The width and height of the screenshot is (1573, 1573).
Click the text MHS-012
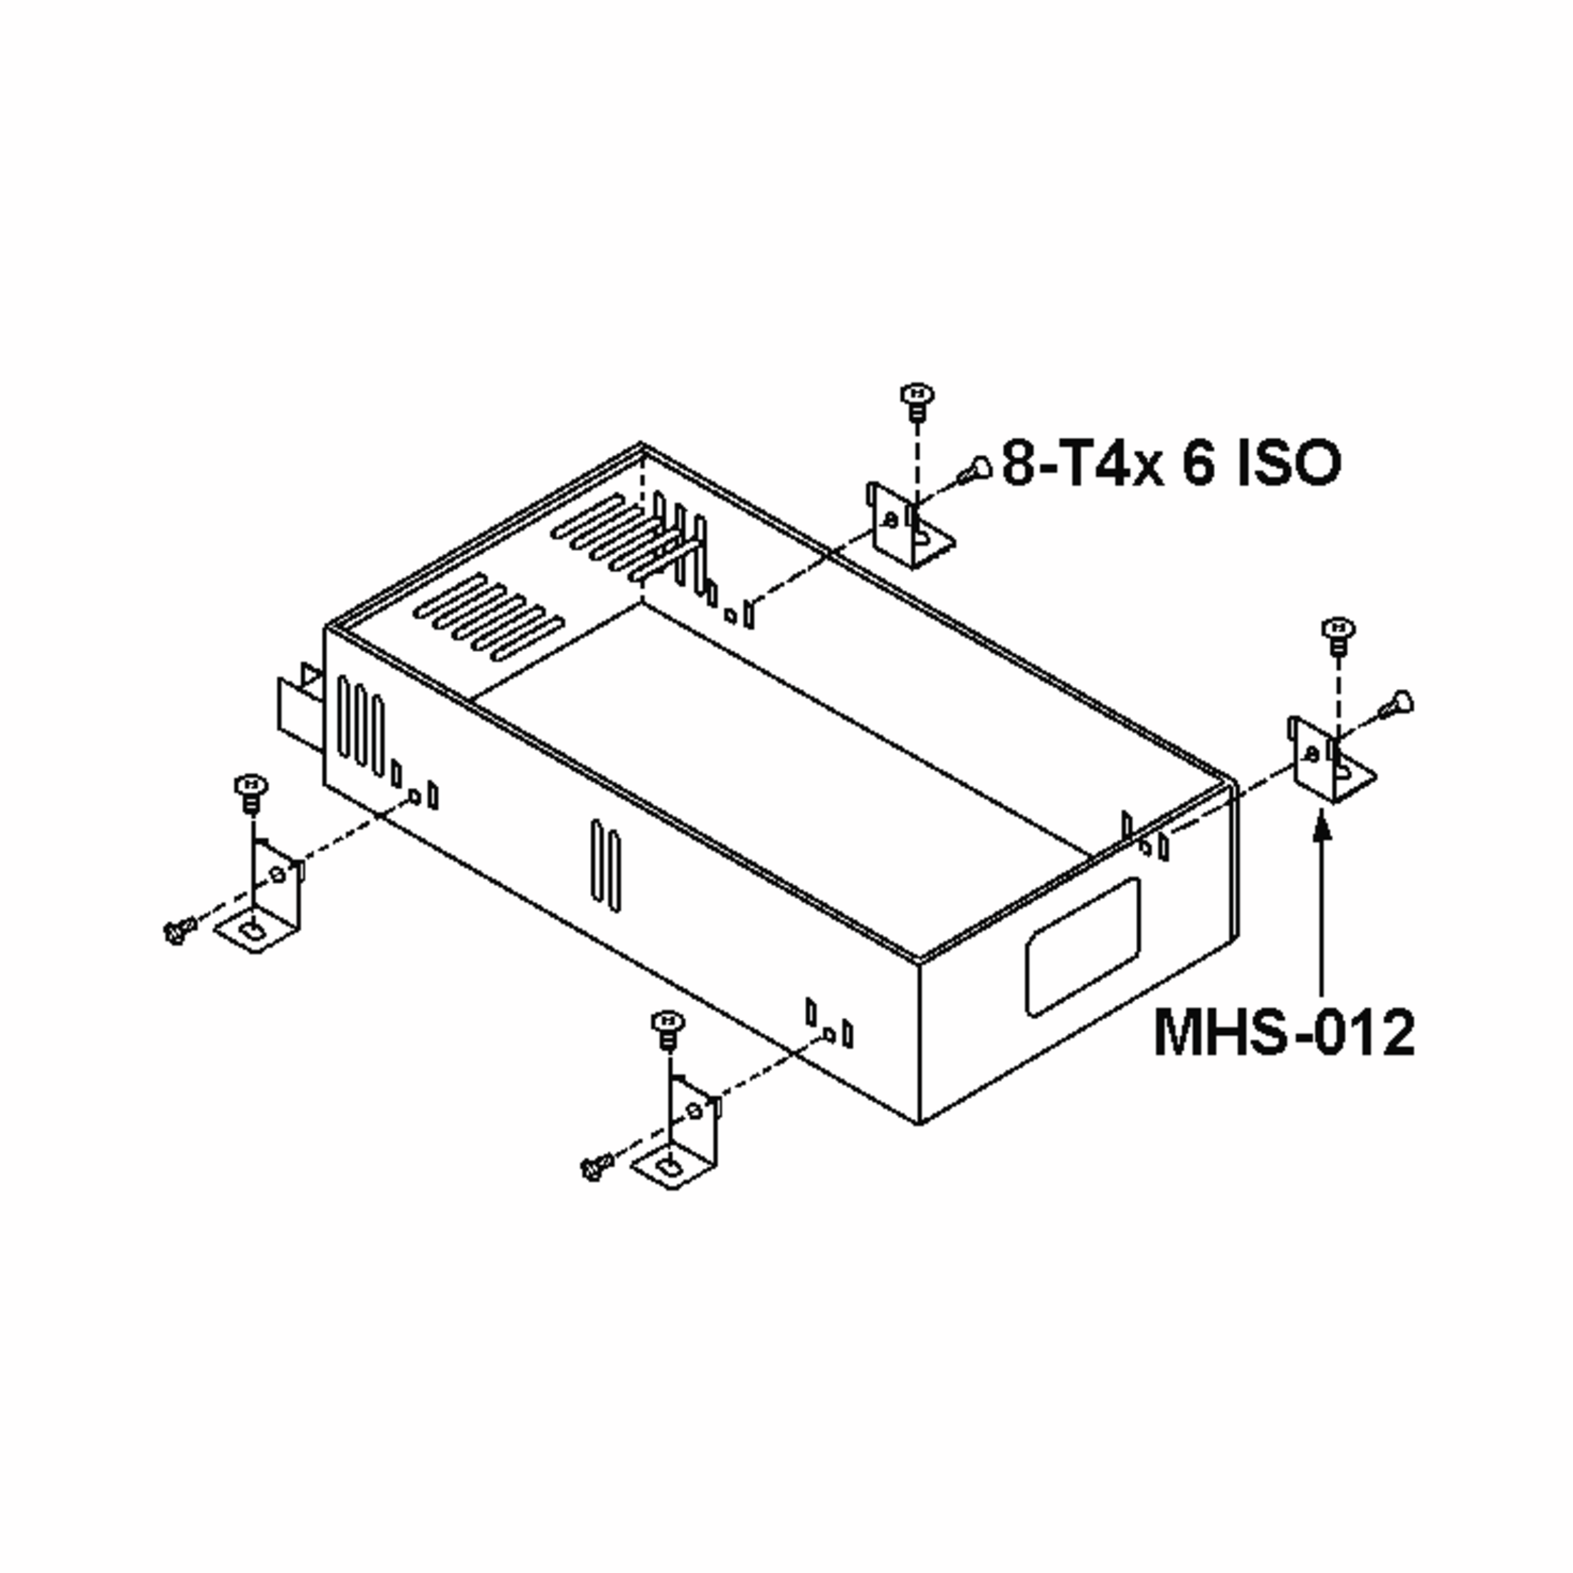pyautogui.click(x=1284, y=1032)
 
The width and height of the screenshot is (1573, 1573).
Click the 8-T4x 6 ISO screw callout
pyautogui.click(x=1170, y=463)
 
